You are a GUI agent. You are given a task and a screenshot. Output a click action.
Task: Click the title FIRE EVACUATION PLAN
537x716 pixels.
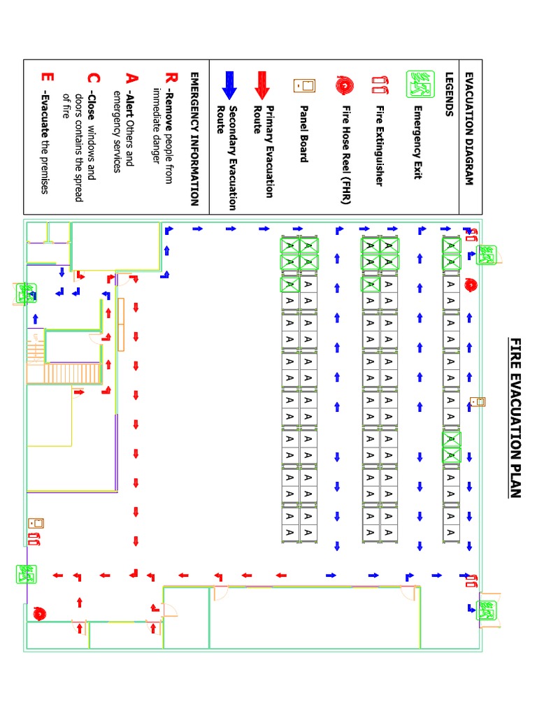coord(515,418)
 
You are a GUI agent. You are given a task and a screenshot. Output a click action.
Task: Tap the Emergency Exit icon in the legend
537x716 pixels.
coord(421,83)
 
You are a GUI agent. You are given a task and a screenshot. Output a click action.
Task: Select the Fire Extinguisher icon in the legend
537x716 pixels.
coord(381,85)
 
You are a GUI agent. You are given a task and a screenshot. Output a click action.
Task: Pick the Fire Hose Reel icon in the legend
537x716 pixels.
coord(345,84)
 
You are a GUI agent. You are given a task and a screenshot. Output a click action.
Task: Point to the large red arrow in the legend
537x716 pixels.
coord(263,85)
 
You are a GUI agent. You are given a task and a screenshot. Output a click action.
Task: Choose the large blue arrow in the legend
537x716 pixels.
coord(229,85)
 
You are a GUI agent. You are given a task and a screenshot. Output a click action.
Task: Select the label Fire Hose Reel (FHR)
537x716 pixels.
coord(345,154)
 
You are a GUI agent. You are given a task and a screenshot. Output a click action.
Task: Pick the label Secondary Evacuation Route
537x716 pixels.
coord(227,158)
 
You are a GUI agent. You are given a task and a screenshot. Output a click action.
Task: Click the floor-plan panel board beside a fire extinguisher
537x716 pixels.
coord(36,523)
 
